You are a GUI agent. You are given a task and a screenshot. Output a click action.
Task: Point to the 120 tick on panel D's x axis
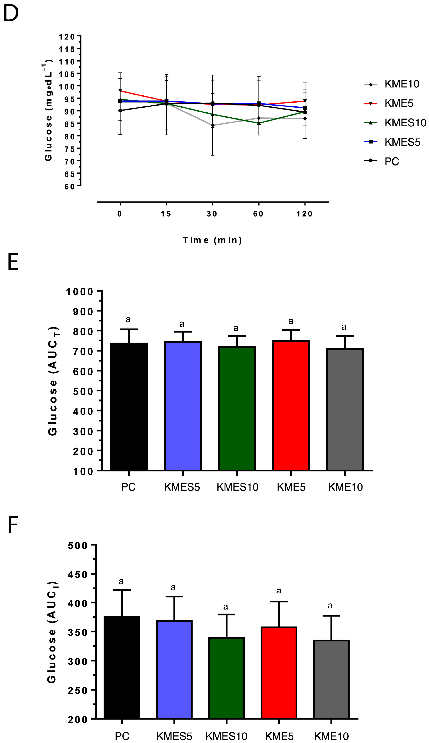coord(304,214)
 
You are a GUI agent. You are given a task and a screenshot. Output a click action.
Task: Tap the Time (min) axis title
coord(212,240)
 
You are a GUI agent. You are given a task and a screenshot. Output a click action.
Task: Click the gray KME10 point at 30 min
coord(212,126)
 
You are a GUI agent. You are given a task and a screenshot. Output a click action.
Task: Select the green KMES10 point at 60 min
coord(259,124)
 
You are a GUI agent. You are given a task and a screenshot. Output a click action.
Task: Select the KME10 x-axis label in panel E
coord(345,487)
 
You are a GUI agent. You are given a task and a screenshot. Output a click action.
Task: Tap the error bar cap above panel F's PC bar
coord(122,590)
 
